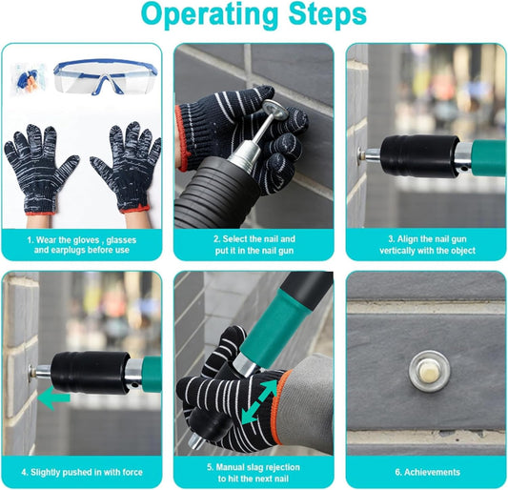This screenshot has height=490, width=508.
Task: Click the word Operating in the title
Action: click(x=210, y=14)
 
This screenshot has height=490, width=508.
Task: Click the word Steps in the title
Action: click(x=328, y=14)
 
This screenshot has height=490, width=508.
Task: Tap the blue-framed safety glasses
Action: click(x=105, y=76)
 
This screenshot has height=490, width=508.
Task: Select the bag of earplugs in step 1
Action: click(x=28, y=78)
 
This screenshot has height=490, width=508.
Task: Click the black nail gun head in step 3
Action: click(x=420, y=156)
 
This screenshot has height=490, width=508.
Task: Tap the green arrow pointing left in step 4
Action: click(x=53, y=398)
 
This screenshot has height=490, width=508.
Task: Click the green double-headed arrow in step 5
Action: click(x=260, y=402)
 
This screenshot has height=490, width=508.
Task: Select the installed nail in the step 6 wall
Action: click(x=429, y=371)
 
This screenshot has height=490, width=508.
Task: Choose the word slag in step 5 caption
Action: click(x=255, y=467)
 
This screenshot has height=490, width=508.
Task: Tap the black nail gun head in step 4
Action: click(x=90, y=373)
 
